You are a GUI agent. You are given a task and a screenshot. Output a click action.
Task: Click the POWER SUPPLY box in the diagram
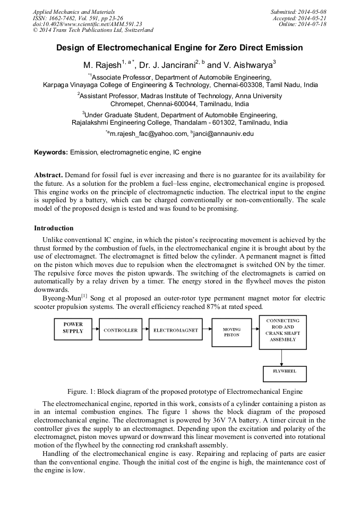click(73, 327)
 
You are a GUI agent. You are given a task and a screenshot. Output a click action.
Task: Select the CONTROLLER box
click(121, 330)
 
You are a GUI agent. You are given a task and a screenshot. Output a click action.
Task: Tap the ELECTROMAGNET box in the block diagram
click(175, 330)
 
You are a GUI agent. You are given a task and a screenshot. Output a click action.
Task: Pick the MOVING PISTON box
click(231, 332)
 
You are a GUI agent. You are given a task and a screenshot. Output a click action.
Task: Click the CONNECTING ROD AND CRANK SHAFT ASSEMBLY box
click(282, 332)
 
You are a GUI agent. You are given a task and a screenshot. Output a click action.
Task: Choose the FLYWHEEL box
click(285, 372)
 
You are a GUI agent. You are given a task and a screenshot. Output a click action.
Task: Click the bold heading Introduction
click(54, 228)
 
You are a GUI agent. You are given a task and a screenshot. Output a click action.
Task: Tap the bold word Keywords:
click(51, 152)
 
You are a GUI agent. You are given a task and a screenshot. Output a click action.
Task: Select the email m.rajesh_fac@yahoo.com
click(148, 134)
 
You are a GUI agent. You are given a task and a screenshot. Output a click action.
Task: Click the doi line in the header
click(88, 24)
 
